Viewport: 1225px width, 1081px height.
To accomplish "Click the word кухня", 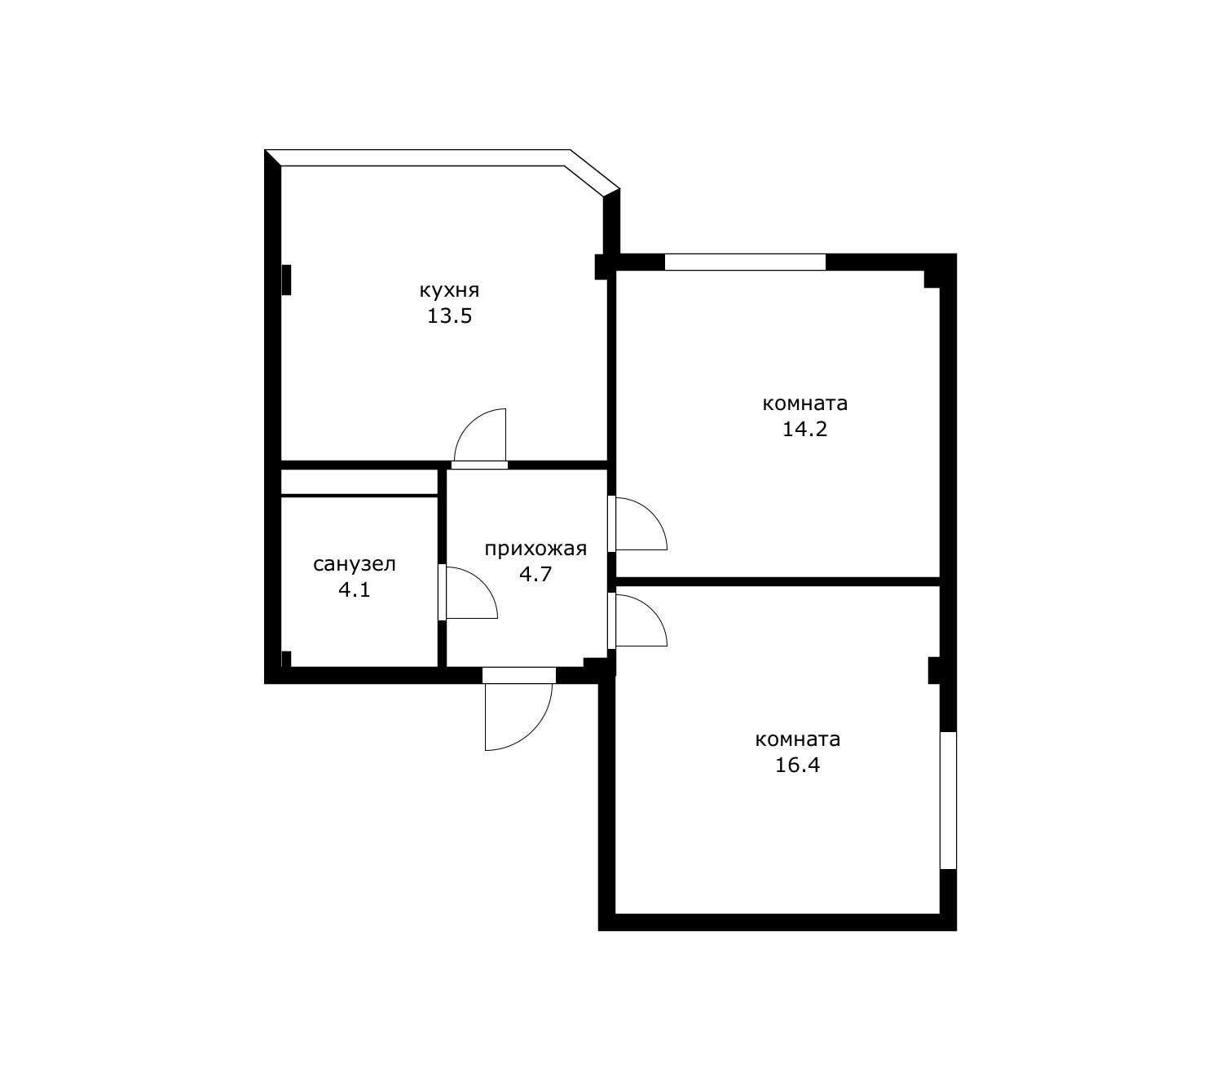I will click(449, 291).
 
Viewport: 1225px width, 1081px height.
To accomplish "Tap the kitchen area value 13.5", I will click(449, 316).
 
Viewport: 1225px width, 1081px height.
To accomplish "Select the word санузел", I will click(355, 564).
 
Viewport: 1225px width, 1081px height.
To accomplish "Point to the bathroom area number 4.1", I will click(355, 589).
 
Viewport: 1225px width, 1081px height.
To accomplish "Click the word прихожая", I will click(535, 548).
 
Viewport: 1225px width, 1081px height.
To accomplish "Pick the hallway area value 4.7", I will click(535, 574).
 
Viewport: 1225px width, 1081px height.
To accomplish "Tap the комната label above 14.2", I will click(805, 404).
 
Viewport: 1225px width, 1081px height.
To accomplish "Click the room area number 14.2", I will click(805, 430).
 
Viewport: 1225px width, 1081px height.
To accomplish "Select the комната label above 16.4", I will click(798, 739).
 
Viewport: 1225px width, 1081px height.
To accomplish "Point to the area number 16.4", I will click(798, 766).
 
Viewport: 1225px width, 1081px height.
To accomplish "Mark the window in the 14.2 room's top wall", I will click(745, 262).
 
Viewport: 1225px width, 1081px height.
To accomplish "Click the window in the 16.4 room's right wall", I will click(948, 800).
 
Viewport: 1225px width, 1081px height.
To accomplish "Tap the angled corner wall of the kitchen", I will click(592, 173).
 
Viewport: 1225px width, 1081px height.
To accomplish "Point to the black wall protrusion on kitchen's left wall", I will click(286, 280).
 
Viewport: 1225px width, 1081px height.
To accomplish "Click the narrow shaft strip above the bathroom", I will click(359, 482).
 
